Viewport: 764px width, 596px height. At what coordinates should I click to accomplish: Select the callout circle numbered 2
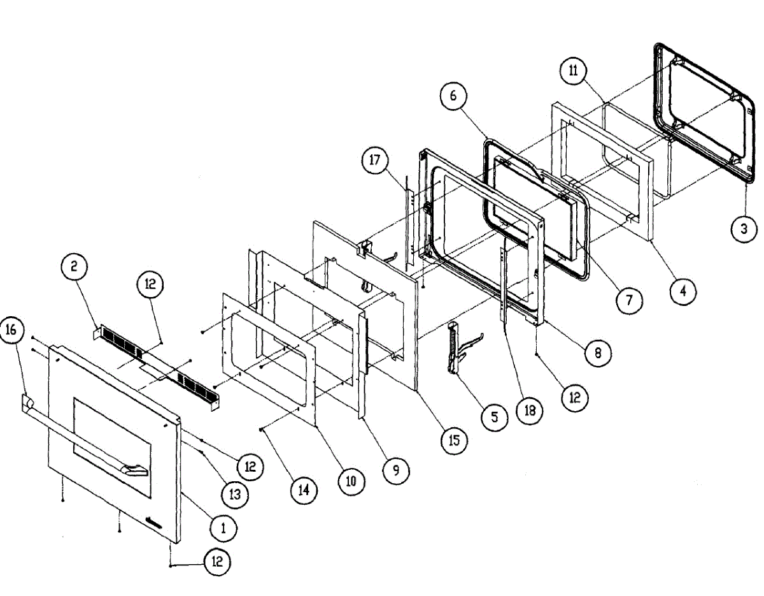click(74, 268)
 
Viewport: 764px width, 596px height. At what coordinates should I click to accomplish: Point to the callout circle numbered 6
click(453, 97)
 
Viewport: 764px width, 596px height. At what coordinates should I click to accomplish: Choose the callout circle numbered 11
click(573, 71)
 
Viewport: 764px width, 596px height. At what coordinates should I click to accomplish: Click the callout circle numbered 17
click(374, 160)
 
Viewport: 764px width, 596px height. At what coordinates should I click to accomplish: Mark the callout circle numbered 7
click(630, 300)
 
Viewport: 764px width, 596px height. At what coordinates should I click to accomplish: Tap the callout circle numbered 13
click(236, 494)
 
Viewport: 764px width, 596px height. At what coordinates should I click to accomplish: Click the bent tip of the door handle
click(136, 472)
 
